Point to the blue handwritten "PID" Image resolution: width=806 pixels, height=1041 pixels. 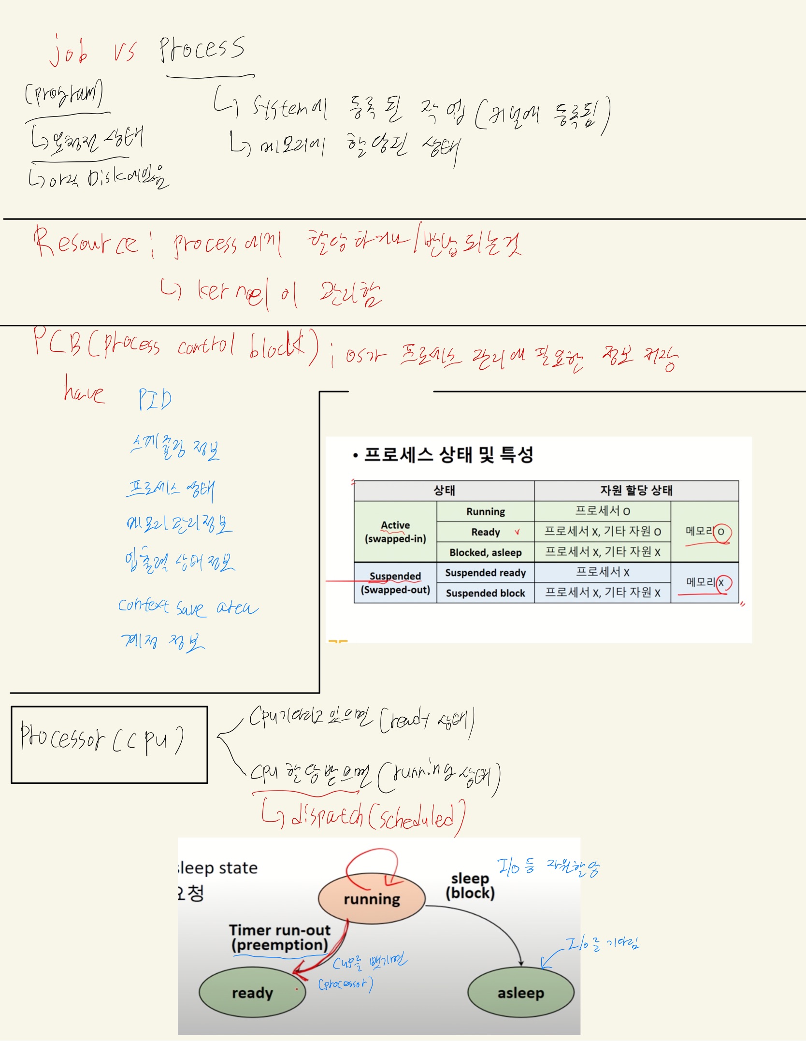155,399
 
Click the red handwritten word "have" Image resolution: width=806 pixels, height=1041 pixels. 84,390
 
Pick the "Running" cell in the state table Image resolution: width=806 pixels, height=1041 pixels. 485,511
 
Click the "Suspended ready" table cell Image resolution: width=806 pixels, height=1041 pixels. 485,573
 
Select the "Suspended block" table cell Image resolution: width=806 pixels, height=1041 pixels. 485,593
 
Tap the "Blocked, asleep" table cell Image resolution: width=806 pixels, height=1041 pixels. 485,552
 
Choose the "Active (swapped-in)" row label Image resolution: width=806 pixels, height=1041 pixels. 395,532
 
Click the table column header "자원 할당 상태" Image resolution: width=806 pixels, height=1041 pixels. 636,491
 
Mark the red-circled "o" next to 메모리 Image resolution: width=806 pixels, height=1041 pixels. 721,532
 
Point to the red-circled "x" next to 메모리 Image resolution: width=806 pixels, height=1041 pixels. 722,583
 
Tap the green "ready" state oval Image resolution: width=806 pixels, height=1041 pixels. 252,993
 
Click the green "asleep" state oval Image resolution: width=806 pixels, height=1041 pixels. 520,993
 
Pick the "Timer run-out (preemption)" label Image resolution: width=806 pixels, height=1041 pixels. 280,937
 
